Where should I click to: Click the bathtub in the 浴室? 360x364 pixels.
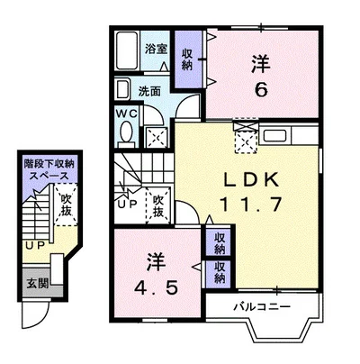[x=127, y=50]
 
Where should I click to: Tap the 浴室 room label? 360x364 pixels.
[x=156, y=49]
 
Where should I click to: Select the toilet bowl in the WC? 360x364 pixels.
[x=126, y=132]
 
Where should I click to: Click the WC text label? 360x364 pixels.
[x=127, y=114]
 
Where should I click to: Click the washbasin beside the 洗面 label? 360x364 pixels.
[x=123, y=89]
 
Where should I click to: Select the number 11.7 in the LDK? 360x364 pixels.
[x=250, y=205]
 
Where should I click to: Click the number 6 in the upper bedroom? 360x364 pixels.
[x=261, y=89]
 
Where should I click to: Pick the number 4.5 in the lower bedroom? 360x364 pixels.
[x=156, y=288]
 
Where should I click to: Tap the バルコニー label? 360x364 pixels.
[x=262, y=306]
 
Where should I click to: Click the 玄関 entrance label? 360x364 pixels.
[x=38, y=283]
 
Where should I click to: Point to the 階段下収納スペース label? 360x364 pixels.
[x=49, y=170]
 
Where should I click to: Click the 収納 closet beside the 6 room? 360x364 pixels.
[x=187, y=59]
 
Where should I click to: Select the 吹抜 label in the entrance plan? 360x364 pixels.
[x=67, y=205]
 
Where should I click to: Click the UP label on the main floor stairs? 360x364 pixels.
[x=127, y=204]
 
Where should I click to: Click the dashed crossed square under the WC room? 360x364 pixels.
[x=157, y=137]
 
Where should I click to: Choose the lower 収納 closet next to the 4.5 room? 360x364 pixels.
[x=220, y=272]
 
